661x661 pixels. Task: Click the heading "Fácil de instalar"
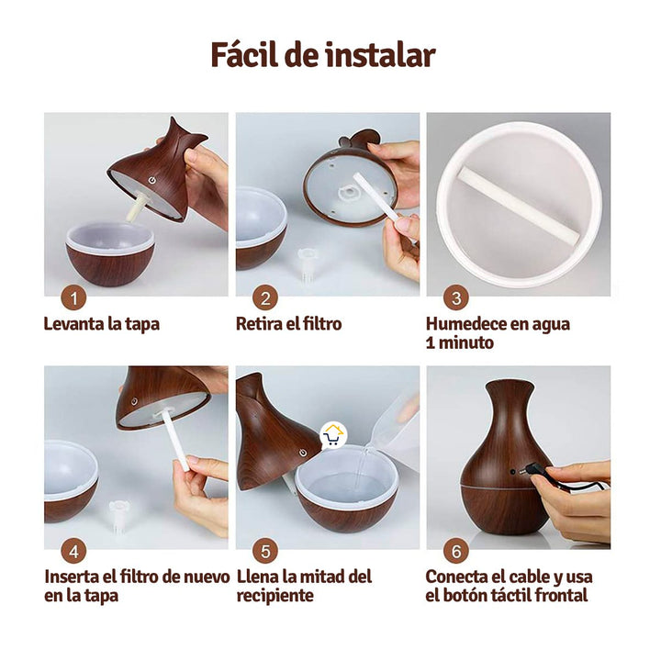click(322, 55)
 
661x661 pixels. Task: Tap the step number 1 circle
click(74, 297)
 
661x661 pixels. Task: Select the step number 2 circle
click(265, 297)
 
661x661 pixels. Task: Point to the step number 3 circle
click(455, 297)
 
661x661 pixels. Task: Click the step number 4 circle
click(74, 551)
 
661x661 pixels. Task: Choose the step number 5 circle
click(265, 551)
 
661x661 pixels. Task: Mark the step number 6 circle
click(455, 551)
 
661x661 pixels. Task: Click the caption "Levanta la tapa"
click(102, 324)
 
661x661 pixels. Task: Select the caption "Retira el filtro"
click(288, 324)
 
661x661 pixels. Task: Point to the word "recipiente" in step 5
click(274, 596)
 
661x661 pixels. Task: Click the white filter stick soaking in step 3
click(518, 206)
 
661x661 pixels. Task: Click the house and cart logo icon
click(333, 434)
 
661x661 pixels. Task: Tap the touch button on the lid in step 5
click(302, 453)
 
